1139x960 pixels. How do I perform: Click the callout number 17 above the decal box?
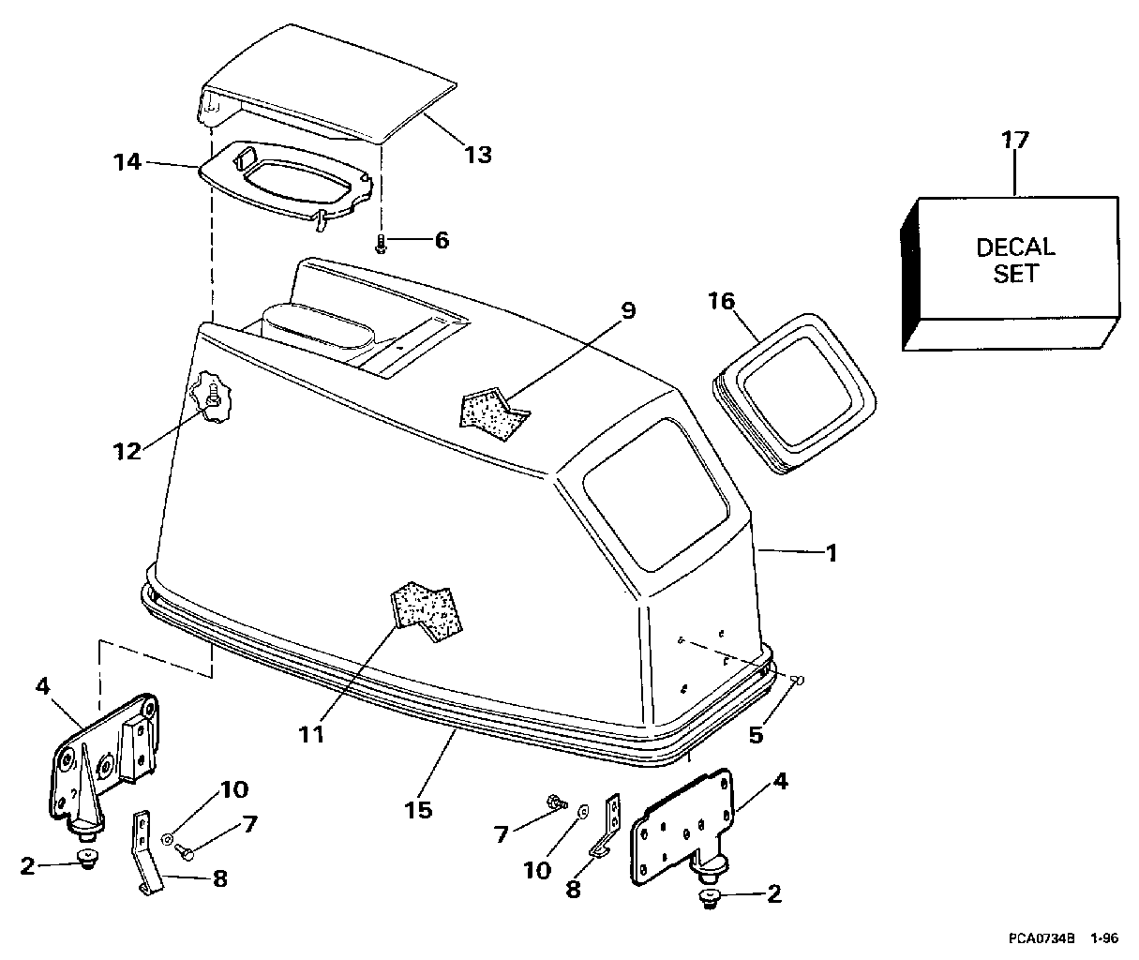pos(1015,140)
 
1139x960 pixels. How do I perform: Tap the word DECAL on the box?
pos(1015,247)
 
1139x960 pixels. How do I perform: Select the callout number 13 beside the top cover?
pos(478,155)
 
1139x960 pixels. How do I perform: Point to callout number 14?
pos(127,162)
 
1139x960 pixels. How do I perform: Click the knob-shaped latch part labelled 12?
pos(211,397)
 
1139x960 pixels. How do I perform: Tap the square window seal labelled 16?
pos(795,394)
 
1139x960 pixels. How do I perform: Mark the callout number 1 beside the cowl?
pos(832,554)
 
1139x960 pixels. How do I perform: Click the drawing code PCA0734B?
pos(1042,938)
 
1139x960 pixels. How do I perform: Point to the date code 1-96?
pos(1104,938)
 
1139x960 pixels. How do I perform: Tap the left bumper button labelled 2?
pos(87,860)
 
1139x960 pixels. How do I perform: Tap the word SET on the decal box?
pos(1015,274)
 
